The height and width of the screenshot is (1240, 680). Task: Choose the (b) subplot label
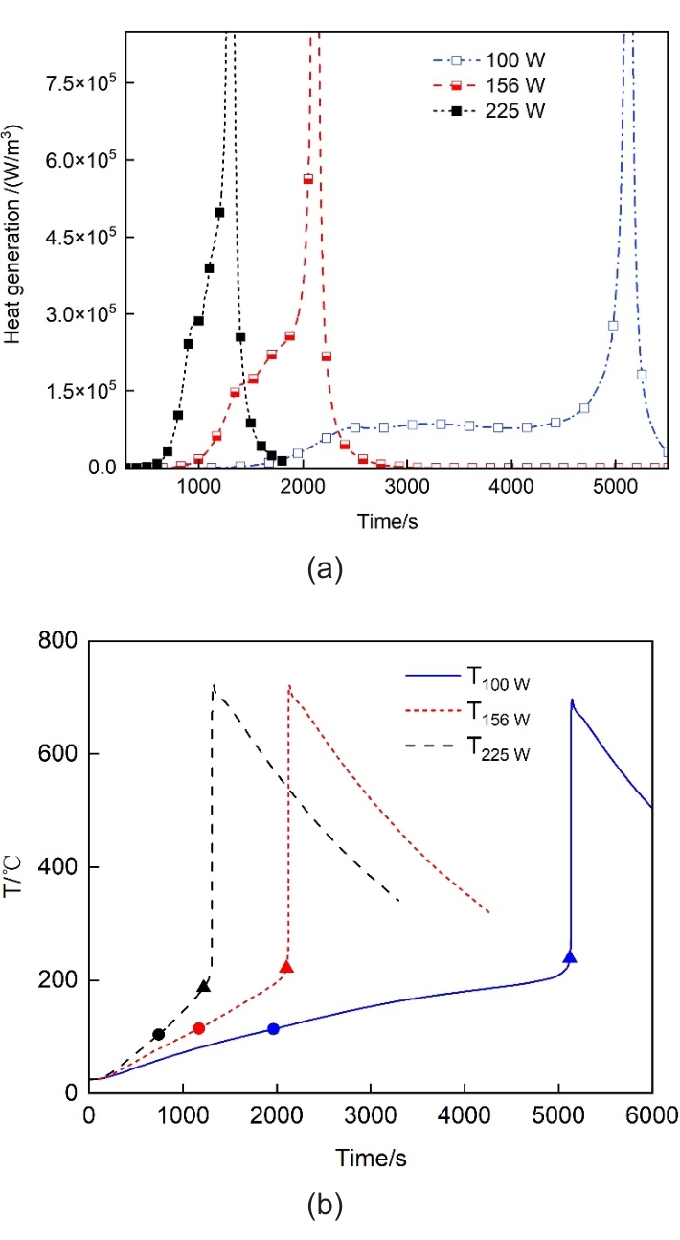click(x=323, y=1205)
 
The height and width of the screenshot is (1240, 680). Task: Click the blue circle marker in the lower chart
click(x=273, y=1028)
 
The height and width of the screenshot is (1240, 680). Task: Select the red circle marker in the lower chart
click(x=199, y=1028)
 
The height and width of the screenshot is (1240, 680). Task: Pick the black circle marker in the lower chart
click(x=159, y=1034)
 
